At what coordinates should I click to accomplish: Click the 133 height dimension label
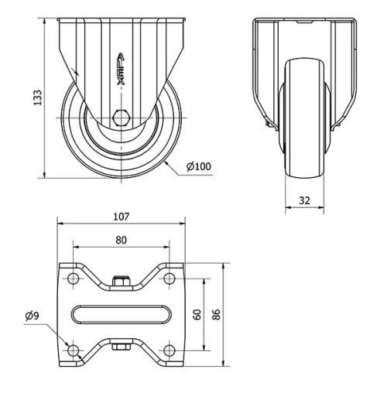click(x=37, y=97)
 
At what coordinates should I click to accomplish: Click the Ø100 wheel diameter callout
click(x=200, y=166)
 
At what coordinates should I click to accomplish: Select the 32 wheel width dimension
click(x=304, y=200)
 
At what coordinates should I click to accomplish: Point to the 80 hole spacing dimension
click(x=122, y=240)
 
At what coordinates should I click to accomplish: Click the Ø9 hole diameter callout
click(x=33, y=316)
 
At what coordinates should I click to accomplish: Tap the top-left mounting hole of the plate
click(x=73, y=278)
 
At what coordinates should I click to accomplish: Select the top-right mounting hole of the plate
click(x=170, y=278)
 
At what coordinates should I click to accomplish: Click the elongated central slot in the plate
click(x=122, y=314)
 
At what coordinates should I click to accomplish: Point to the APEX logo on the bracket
click(x=120, y=70)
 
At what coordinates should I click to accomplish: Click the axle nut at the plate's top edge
click(x=121, y=282)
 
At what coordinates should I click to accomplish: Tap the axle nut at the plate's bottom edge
click(x=121, y=347)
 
